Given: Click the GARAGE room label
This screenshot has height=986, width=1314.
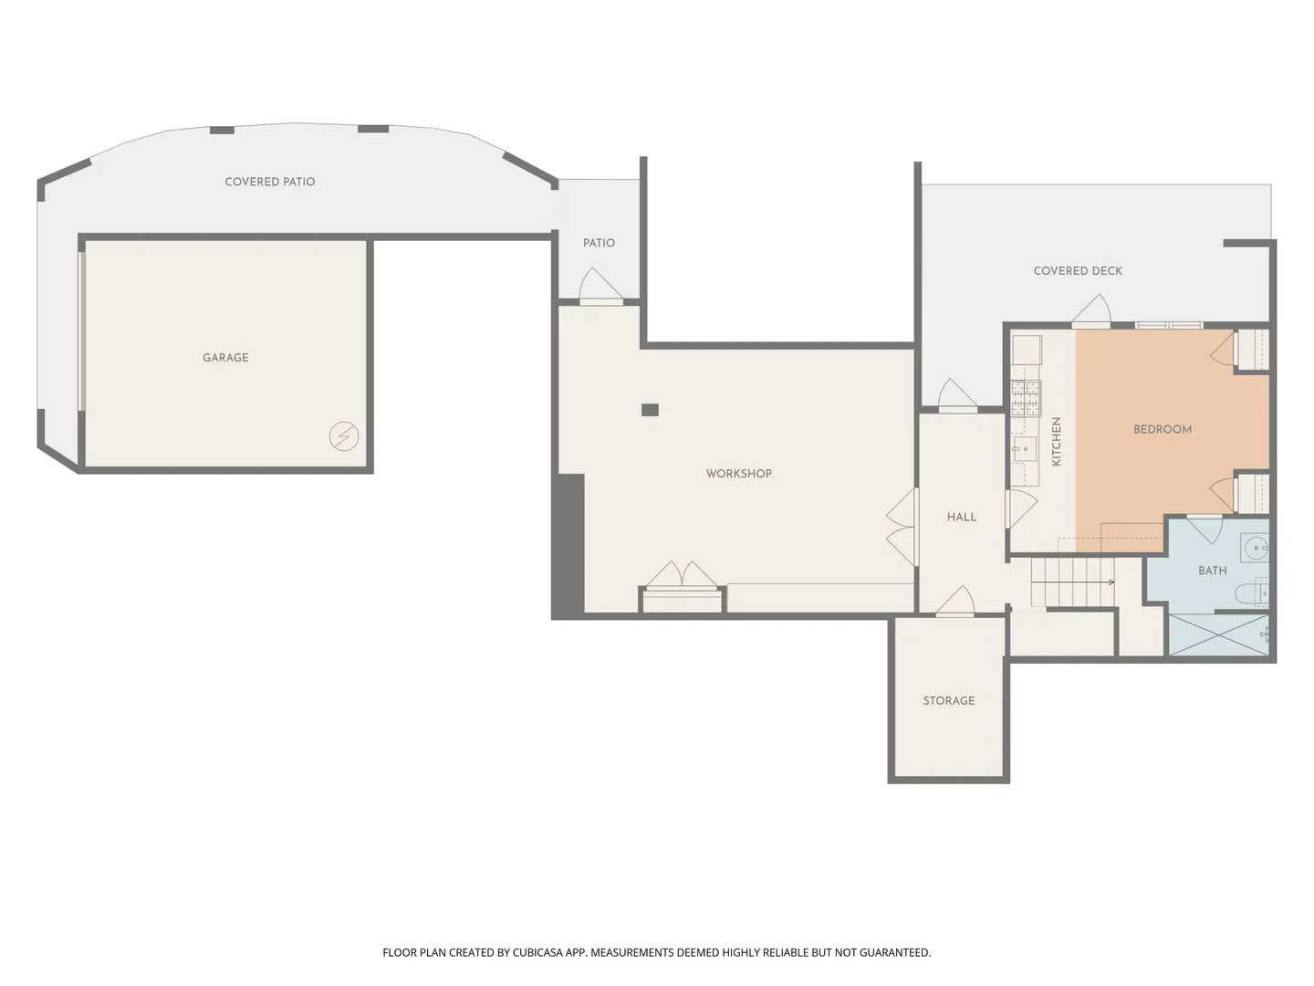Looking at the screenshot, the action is coord(225,357).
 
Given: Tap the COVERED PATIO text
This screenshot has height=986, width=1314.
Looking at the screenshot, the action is coord(269,182).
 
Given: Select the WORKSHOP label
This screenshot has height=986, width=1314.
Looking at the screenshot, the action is coord(738,474).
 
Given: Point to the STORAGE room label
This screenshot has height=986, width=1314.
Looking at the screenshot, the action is coord(948,700).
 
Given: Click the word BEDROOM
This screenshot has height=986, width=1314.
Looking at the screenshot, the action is coord(1162,429).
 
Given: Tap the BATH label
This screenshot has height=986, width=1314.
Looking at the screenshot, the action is coord(1212,571).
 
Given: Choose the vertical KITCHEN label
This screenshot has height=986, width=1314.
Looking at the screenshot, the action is coord(1056,441).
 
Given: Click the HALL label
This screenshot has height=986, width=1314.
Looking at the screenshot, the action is coord(962,518).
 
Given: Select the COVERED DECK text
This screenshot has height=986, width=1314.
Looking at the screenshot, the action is coord(1078,270).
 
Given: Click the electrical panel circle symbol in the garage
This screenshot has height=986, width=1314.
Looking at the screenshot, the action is coord(344,436).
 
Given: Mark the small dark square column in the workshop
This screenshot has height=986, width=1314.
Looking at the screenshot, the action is coord(650,410).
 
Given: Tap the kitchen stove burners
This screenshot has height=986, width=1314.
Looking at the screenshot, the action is coord(1026,398).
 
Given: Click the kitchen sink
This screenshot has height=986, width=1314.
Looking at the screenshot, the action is coord(1025,448).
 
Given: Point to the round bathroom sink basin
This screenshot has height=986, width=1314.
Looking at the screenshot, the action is coord(1255,547).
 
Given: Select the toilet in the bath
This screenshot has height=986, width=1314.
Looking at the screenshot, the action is coord(1251,593).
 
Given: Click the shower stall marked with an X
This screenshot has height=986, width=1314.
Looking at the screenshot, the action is coord(1218,634).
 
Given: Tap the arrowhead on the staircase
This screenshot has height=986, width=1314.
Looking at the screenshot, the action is coord(1111,582).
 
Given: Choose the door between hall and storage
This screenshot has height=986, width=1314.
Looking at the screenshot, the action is coord(954,601).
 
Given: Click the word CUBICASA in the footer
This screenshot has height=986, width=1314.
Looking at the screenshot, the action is coord(537,952).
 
